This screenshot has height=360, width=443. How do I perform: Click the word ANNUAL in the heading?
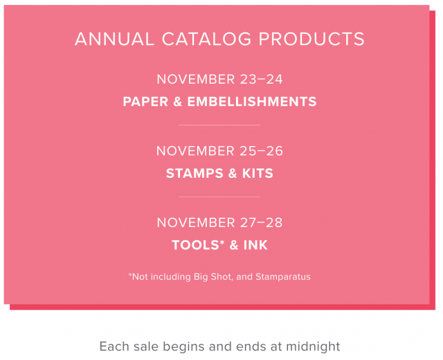click(114, 39)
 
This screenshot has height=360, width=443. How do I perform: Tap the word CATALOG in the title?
click(206, 39)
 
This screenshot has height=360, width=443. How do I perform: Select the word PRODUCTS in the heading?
click(311, 39)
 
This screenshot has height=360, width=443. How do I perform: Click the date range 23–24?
click(262, 79)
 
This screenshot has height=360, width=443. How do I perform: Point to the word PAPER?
click(145, 102)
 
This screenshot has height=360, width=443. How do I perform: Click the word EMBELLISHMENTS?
click(252, 102)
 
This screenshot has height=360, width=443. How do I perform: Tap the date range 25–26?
click(262, 151)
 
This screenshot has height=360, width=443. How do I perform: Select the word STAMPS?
click(195, 173)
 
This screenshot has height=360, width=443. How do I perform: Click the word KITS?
click(257, 173)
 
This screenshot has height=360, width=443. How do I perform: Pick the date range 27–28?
click(262, 223)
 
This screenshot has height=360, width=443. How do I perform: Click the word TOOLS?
click(195, 245)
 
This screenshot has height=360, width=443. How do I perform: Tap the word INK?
click(255, 245)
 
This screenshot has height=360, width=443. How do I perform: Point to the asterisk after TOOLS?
click(222, 242)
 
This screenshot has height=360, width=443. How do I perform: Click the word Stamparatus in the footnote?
click(283, 277)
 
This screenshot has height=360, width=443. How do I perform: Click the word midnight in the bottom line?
click(313, 346)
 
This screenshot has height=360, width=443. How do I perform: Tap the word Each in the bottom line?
click(114, 346)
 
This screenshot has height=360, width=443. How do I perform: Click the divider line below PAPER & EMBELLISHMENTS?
click(219, 125)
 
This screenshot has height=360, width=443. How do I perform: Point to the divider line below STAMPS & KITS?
click(219, 197)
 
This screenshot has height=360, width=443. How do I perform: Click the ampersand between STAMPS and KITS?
click(233, 173)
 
